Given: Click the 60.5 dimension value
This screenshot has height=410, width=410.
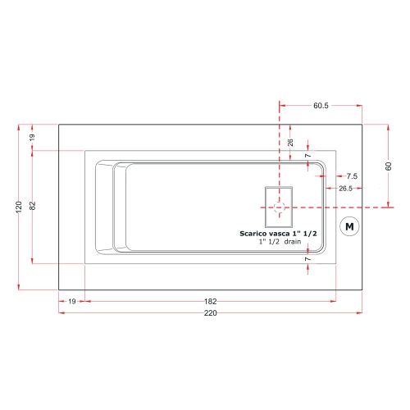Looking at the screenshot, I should (321, 106).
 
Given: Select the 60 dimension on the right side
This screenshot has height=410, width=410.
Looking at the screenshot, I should (389, 166).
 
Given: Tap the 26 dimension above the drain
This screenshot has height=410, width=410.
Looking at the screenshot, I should (290, 142).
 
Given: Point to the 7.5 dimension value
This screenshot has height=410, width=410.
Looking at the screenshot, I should (351, 176).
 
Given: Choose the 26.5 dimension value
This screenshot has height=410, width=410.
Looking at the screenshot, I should (346, 189).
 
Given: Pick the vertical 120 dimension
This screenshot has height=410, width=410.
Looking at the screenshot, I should (19, 206).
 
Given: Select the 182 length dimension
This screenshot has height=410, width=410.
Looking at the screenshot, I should (211, 302).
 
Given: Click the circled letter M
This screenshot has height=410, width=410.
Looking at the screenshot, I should (350, 225).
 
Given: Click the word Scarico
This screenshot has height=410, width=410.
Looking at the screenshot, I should (253, 234).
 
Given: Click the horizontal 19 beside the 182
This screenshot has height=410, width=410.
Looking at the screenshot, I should (72, 302).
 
